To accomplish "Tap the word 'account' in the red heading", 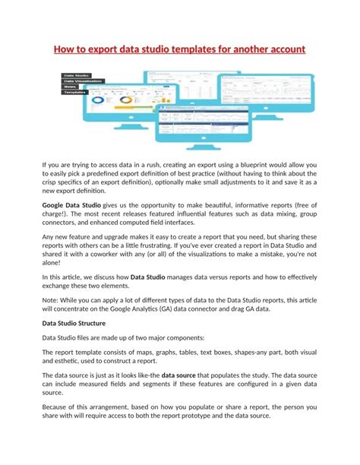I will [282, 50].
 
